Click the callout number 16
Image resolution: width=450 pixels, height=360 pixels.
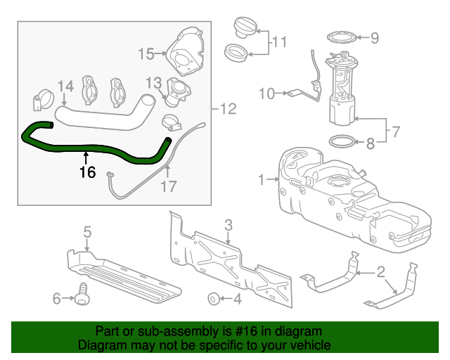[x=86, y=172]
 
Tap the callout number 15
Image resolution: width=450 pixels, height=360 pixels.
[x=146, y=53]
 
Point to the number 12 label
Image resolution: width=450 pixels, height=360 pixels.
[x=228, y=109]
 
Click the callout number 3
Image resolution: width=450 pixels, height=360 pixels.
[x=228, y=225]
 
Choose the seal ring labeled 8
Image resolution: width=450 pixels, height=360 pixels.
[x=342, y=143]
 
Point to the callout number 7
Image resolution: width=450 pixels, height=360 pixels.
[x=395, y=131]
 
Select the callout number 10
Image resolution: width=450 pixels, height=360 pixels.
[x=267, y=92]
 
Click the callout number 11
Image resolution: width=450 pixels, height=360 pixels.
[x=280, y=42]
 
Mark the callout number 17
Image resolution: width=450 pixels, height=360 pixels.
[x=169, y=187]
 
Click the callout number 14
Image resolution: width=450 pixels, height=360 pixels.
[x=65, y=86]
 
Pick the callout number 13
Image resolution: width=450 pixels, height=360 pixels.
[x=154, y=83]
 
